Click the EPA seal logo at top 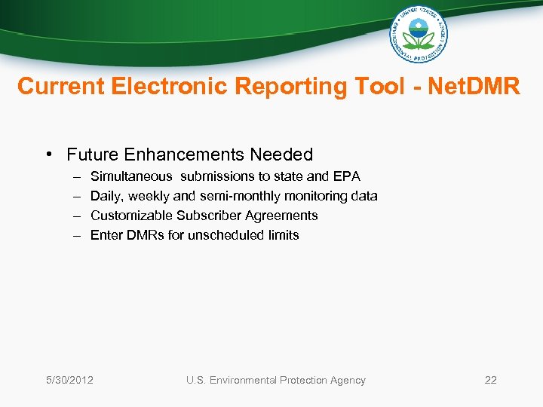[419, 34]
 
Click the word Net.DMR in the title [474, 87]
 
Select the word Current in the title [60, 87]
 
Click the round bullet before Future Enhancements [48, 155]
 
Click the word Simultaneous [130, 176]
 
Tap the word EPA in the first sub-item [347, 176]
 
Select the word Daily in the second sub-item [106, 196]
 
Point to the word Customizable [131, 216]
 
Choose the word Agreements [284, 216]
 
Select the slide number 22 [490, 380]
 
